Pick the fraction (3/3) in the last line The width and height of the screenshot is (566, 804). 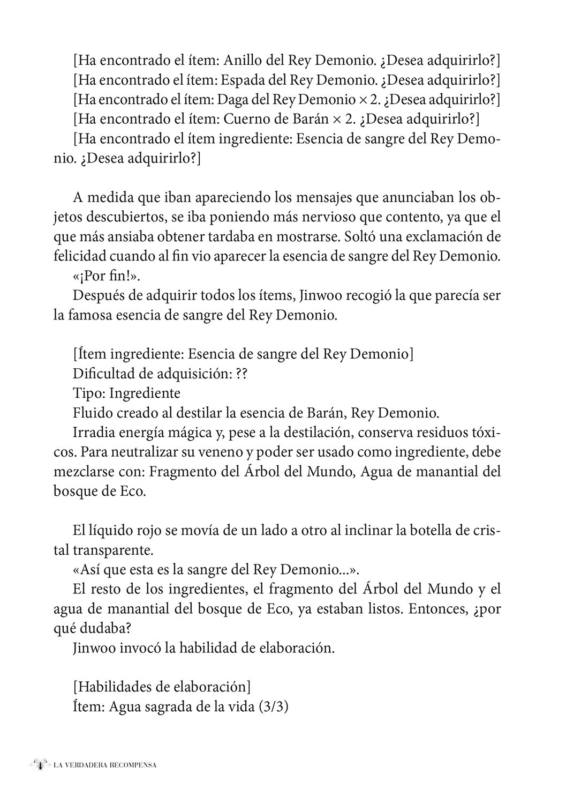tap(273, 706)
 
